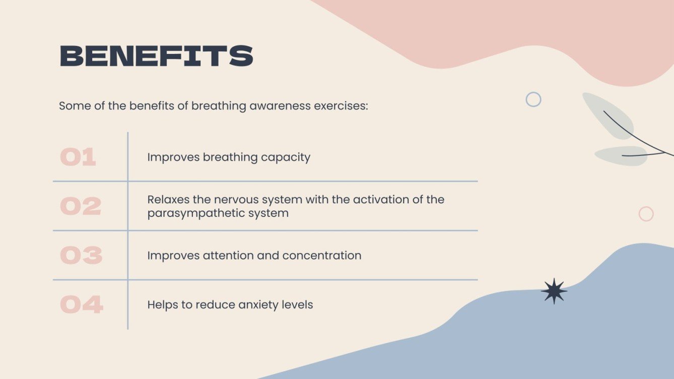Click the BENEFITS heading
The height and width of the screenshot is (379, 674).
(x=156, y=56)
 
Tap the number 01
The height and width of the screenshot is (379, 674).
(x=78, y=157)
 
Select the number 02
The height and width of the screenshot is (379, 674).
(x=81, y=206)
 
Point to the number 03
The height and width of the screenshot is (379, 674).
(x=81, y=255)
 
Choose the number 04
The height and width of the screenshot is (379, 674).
(x=82, y=305)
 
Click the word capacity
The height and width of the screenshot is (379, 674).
(x=286, y=158)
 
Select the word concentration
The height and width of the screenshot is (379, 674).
(x=322, y=256)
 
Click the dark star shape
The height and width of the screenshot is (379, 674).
(x=554, y=291)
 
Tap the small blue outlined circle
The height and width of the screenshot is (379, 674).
(x=533, y=99)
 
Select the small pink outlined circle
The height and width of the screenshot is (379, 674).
(x=646, y=214)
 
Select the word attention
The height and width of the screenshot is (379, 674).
(x=228, y=256)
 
